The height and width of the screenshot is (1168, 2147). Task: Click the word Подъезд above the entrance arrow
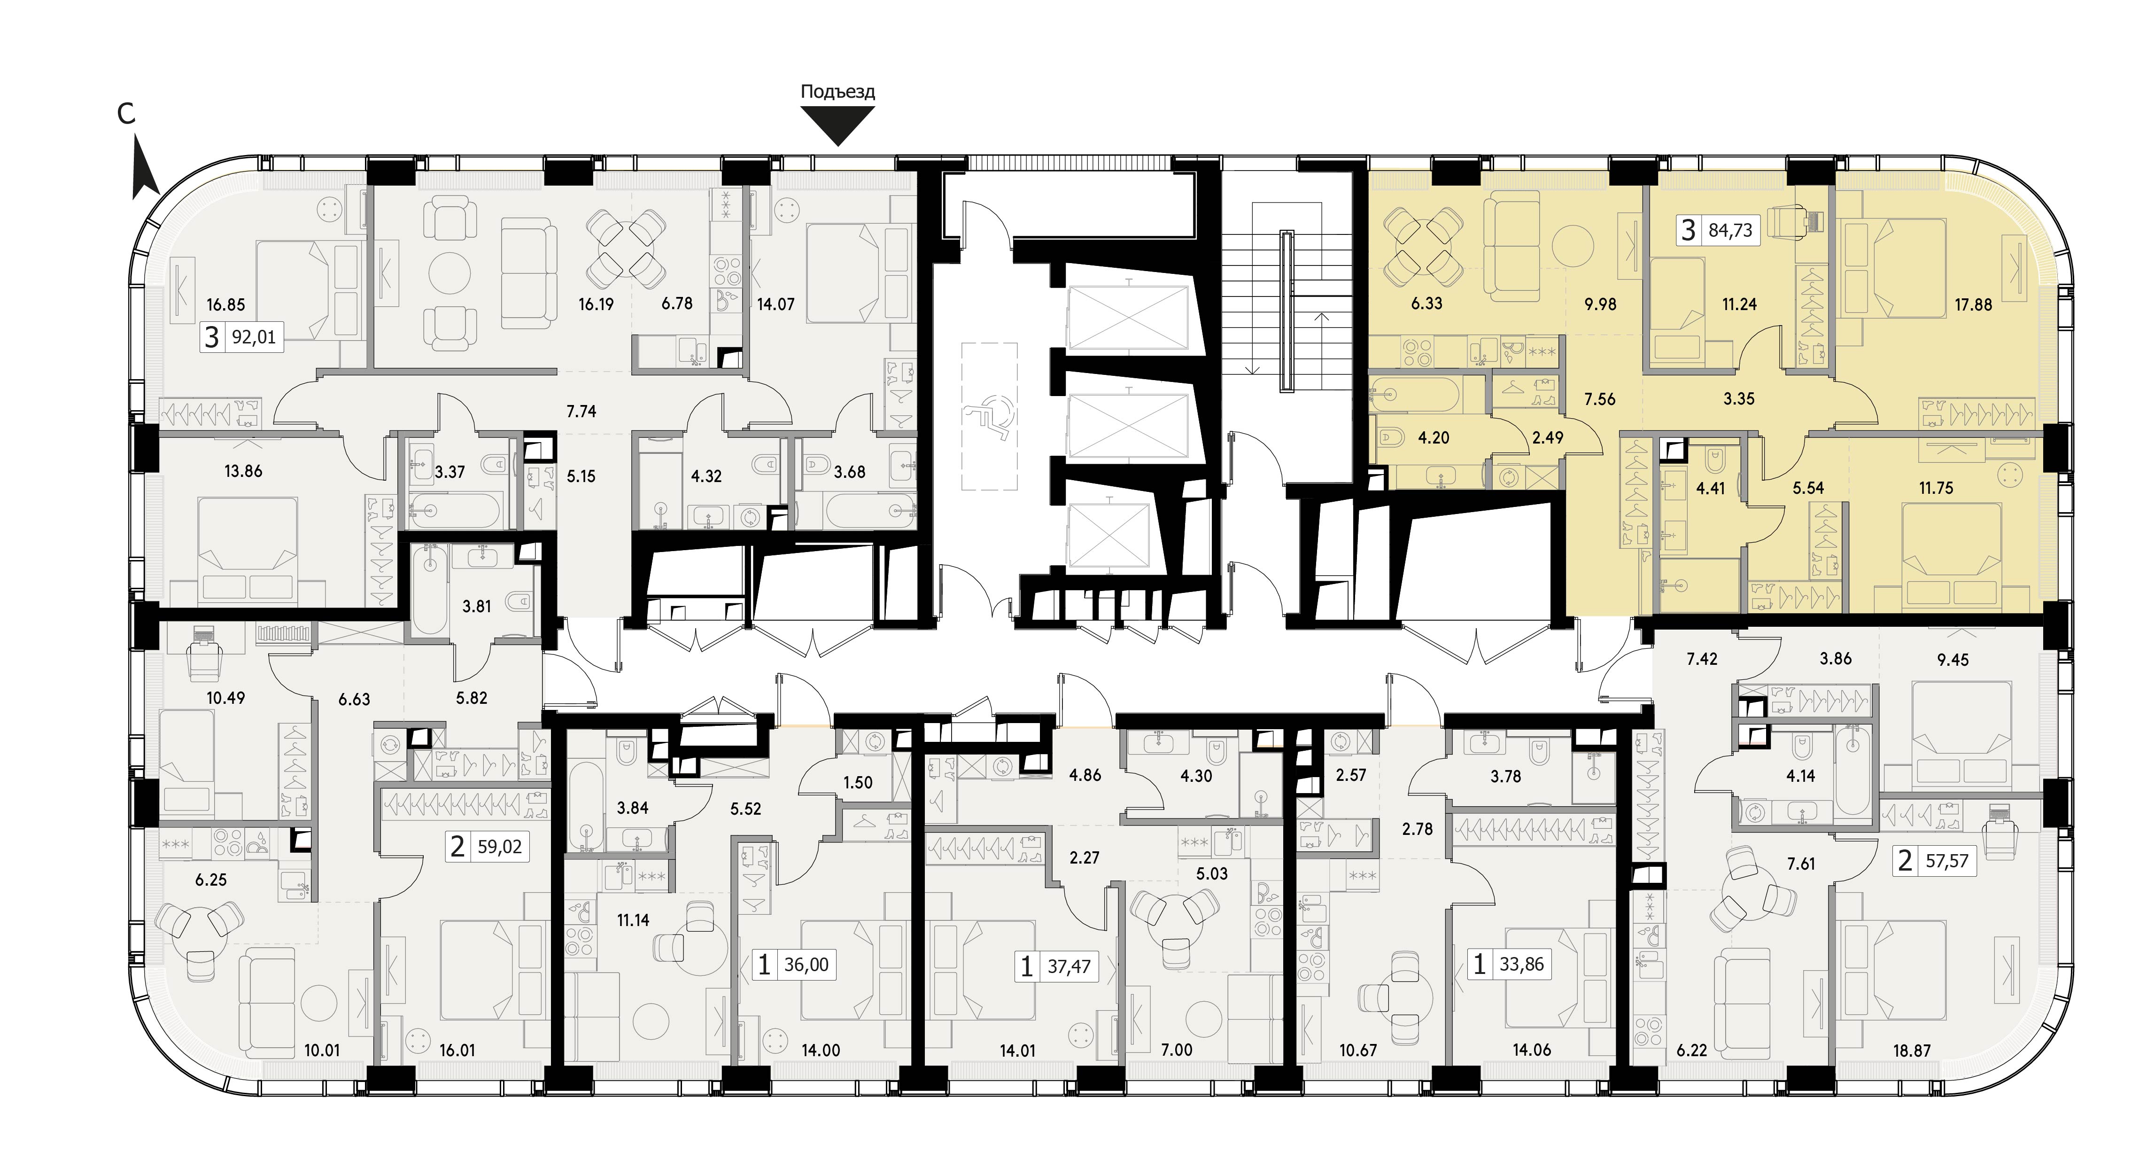click(837, 92)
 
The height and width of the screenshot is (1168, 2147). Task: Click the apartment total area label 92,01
click(253, 338)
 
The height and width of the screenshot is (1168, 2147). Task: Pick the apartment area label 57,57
click(1947, 860)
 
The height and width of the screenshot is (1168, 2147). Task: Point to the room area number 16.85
click(226, 305)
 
